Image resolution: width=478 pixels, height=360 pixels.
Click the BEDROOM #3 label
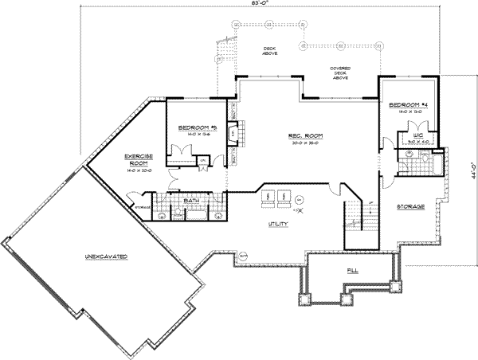pos(194,128)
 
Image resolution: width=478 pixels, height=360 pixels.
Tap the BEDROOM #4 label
pos(409,105)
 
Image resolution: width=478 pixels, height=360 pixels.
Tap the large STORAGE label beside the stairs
pos(410,206)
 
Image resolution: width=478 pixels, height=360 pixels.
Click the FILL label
pos(352,272)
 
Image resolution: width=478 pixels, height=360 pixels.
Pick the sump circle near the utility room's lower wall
pos(243,255)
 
